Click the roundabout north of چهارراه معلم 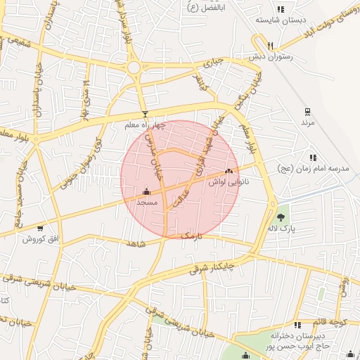[x=134, y=67]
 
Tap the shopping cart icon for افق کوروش [x=39, y=228]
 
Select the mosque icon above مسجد [x=146, y=191]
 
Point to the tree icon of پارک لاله [x=282, y=217]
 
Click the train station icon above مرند [x=307, y=112]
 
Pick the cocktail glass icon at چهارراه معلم [x=145, y=114]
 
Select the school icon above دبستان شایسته [x=281, y=10]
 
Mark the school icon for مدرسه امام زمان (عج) [x=312, y=157]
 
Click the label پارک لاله [x=283, y=229]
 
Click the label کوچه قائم [x=336, y=323]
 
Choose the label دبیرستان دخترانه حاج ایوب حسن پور [x=304, y=341]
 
